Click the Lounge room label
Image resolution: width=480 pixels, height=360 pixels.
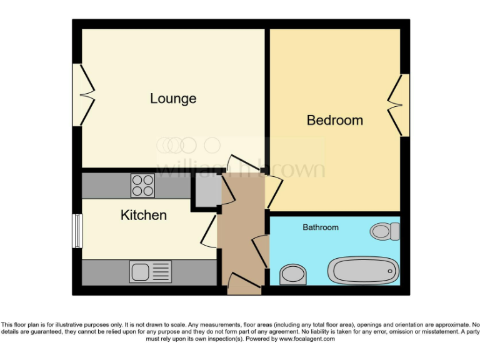tap(173, 99)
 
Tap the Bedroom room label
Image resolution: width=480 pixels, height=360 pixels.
tap(334, 120)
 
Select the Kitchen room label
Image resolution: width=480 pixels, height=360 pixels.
tap(143, 216)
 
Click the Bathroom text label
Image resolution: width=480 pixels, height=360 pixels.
tap(321, 227)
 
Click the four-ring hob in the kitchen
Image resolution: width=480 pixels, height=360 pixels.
tap(142, 186)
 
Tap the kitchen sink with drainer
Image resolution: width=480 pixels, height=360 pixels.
tap(151, 272)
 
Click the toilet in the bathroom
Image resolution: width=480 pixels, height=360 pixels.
tap(384, 231)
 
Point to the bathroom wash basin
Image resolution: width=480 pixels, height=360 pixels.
tap(292, 274)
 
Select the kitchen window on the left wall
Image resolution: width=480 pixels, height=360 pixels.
tap(77, 231)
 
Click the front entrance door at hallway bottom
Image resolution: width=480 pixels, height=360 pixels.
tap(244, 284)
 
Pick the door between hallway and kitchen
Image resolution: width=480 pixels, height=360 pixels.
tap(209, 234)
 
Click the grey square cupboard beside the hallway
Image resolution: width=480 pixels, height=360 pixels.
tap(206, 188)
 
